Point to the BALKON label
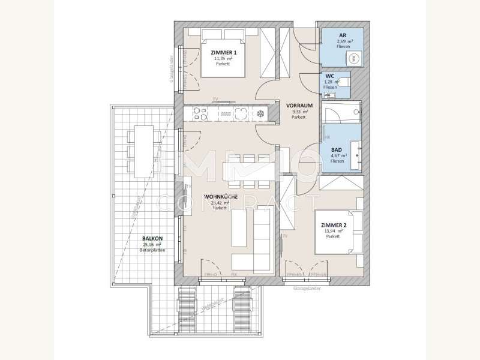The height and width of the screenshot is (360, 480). (152, 238)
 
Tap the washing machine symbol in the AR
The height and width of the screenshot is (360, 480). (353, 58)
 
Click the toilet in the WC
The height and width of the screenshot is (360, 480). (346, 82)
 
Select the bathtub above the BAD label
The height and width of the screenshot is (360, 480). (341, 112)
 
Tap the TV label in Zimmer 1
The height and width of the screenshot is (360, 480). (214, 98)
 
